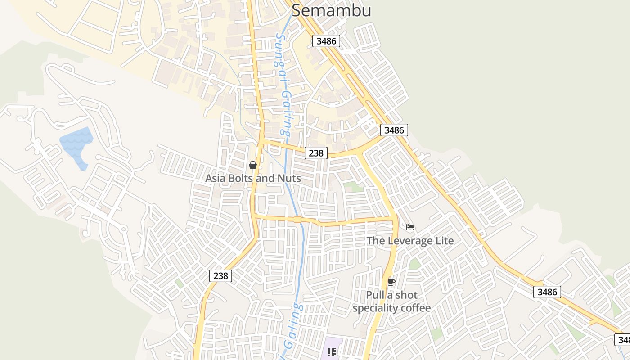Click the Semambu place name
click(332, 10)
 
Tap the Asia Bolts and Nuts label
click(253, 178)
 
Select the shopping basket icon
click(253, 165)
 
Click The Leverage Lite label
click(410, 241)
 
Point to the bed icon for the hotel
click(410, 227)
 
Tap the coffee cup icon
click(391, 282)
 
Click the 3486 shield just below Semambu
click(326, 41)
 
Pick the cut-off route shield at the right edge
click(622, 339)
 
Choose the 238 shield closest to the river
click(316, 153)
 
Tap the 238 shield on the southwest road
click(220, 275)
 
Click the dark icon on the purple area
click(332, 352)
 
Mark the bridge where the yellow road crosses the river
click(297, 220)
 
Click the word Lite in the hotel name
click(444, 241)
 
